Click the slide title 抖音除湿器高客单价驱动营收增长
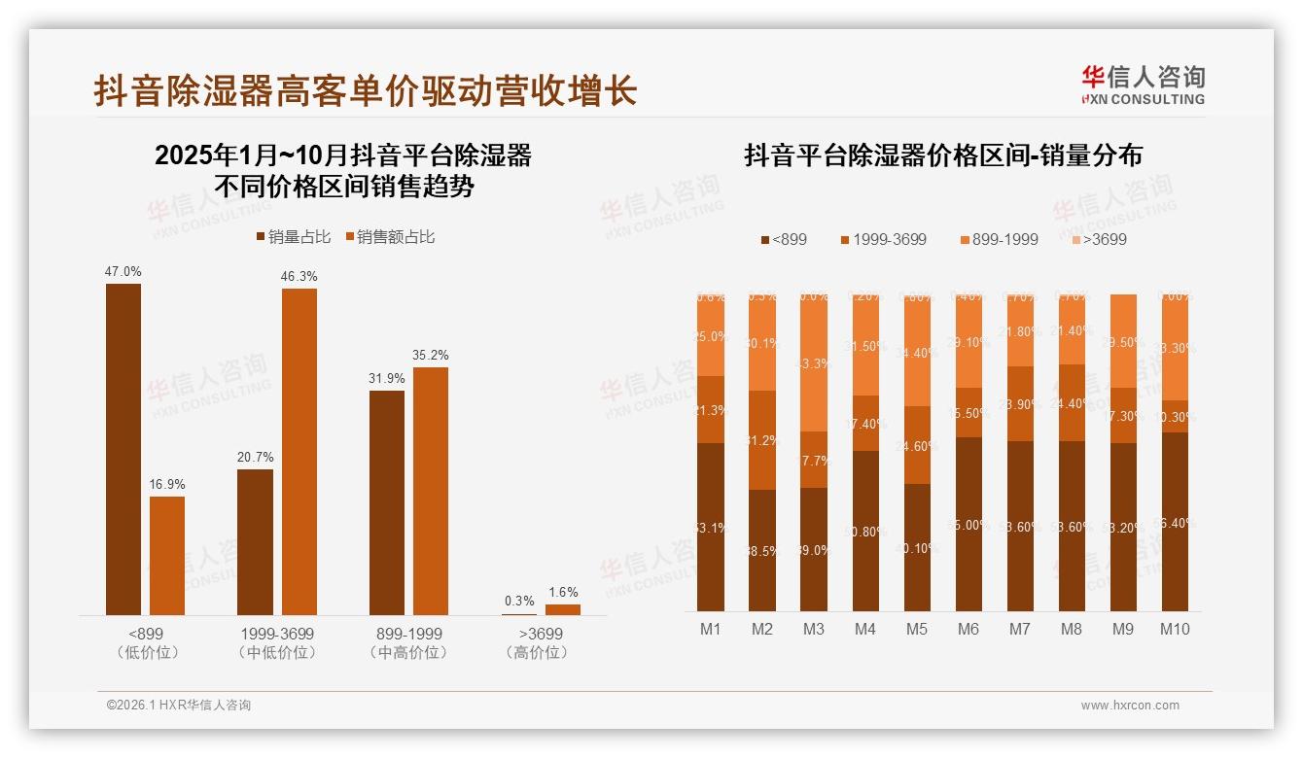point(366,90)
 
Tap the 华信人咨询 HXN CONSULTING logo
point(1143,85)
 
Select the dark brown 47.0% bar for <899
point(123,449)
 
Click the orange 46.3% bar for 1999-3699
point(299,452)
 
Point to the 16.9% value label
point(167,484)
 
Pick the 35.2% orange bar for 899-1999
point(431,491)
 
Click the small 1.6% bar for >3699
point(562,609)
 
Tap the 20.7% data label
point(255,457)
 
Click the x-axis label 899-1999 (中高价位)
point(410,642)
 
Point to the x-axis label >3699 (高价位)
point(536,642)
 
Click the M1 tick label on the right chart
point(711,629)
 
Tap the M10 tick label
point(1175,629)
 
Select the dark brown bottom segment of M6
point(968,525)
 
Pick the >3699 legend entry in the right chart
point(1099,239)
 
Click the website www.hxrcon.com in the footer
point(1130,706)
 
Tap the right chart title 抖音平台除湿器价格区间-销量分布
point(943,155)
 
